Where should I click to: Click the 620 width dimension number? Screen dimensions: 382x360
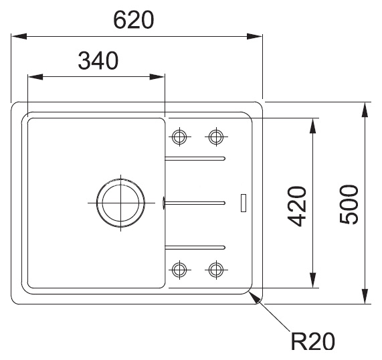click(134, 20)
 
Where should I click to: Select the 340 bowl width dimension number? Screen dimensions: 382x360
click(98, 60)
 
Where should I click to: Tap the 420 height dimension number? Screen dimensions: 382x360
click(297, 207)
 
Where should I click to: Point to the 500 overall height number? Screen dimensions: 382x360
click(349, 204)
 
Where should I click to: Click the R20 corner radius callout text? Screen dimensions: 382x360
click(313, 341)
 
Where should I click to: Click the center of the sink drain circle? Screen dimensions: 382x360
click(121, 203)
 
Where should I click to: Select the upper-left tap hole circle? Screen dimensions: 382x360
click(179, 137)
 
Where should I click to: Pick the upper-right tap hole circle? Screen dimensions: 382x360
click(216, 137)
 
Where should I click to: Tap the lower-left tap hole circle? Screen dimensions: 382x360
click(179, 270)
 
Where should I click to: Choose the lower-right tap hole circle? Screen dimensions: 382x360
click(216, 270)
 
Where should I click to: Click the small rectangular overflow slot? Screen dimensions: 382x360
click(244, 203)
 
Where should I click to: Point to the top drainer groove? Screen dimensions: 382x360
click(195, 159)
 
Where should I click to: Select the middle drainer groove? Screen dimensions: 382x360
click(195, 203)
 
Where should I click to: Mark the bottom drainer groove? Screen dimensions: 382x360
click(195, 248)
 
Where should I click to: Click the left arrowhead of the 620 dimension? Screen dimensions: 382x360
click(19, 36)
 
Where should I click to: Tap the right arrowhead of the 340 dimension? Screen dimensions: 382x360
click(157, 77)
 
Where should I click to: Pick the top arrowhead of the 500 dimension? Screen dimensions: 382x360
click(365, 110)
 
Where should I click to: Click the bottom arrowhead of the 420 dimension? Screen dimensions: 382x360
click(312, 280)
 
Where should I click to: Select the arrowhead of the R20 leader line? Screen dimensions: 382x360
click(256, 298)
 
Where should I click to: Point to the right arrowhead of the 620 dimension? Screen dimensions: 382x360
click(255, 36)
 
